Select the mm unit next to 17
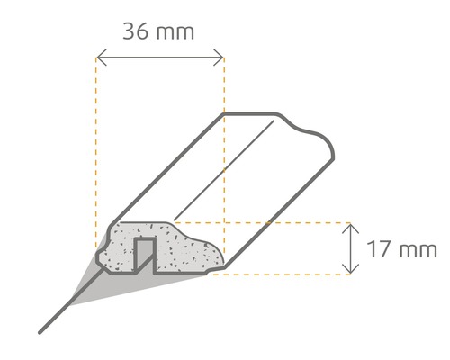[x=417, y=248]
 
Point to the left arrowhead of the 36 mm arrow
[x=98, y=60]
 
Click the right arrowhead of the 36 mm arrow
[x=221, y=60]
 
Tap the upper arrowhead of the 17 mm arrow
[x=350, y=226]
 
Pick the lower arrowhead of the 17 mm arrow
[x=350, y=270]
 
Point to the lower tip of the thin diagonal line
[x=40, y=332]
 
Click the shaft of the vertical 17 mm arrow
[x=350, y=248]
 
